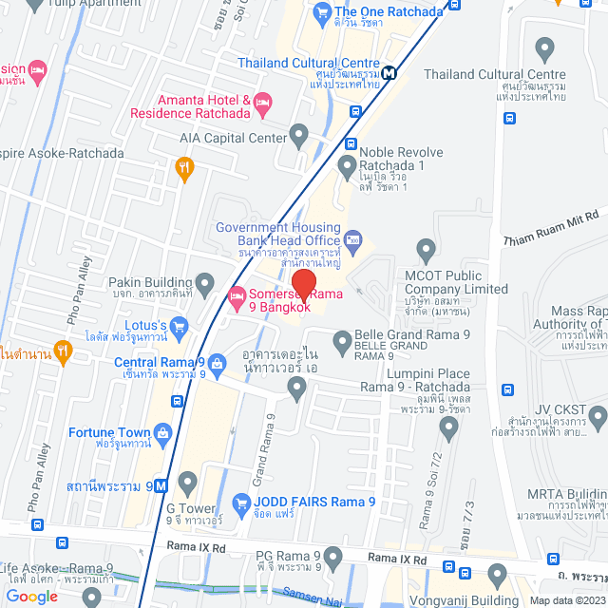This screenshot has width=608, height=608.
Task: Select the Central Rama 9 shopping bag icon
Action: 218,362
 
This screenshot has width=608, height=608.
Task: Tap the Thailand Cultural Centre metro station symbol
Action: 389,73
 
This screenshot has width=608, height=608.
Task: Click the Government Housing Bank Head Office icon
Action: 352,238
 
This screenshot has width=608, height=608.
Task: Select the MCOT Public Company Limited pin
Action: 425,250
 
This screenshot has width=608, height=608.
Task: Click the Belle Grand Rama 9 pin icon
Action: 341,339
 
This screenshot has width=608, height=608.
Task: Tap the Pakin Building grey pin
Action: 204,282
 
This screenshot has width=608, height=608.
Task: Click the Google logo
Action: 32,596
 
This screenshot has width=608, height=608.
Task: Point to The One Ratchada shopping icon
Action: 320,12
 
